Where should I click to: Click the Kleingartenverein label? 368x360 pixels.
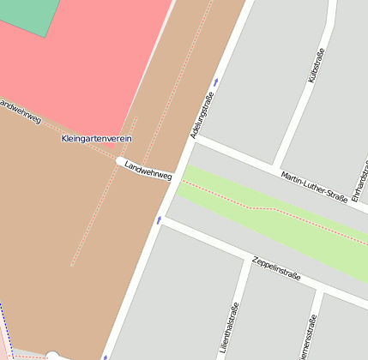(97, 138)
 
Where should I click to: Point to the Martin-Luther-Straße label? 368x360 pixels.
(314, 187)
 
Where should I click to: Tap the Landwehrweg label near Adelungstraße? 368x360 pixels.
(148, 170)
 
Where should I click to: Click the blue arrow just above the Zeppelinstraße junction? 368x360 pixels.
(159, 220)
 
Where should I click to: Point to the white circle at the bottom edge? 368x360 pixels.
(52, 355)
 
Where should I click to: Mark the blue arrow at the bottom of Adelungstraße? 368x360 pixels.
(106, 357)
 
